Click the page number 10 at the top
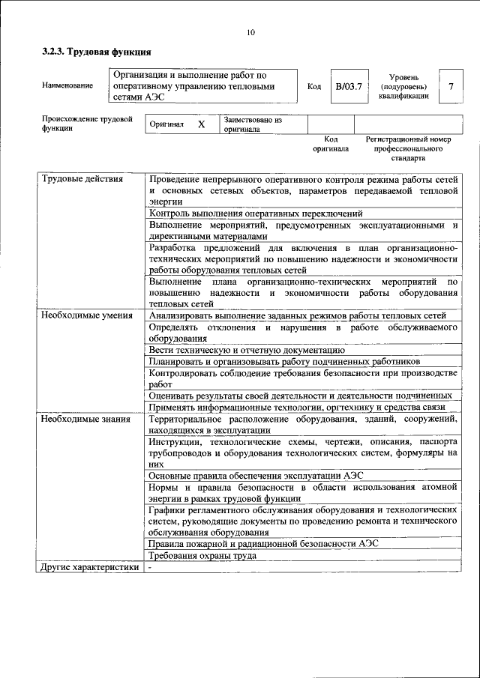click(250, 31)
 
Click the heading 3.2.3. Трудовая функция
click(97, 52)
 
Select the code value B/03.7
click(349, 86)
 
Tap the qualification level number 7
click(450, 86)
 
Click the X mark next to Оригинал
click(201, 124)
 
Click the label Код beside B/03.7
click(314, 86)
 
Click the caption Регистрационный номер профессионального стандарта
click(408, 149)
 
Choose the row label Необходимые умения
click(82, 315)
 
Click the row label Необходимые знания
click(79, 418)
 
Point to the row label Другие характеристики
click(90, 567)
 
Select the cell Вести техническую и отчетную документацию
click(247, 349)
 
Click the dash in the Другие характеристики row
click(150, 567)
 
